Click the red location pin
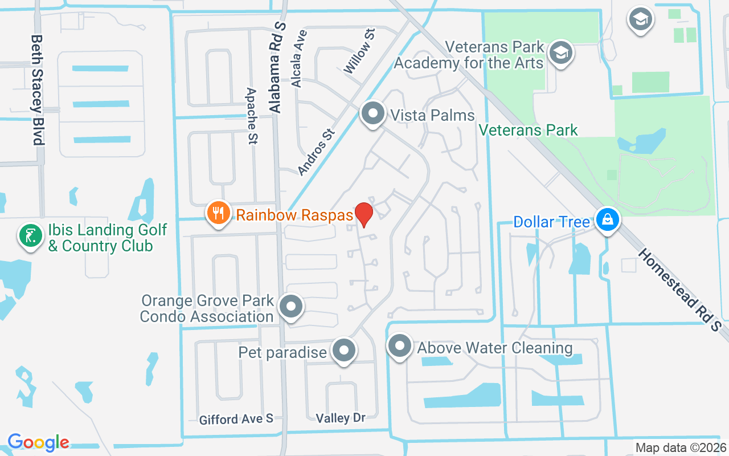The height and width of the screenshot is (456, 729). click(363, 214)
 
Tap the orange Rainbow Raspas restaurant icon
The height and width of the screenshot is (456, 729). click(217, 214)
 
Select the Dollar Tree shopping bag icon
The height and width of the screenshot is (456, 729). click(608, 220)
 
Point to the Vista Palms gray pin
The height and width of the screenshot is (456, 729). click(373, 113)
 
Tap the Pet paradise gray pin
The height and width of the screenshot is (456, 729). click(343, 351)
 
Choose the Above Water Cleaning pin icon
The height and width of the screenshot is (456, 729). click(399, 346)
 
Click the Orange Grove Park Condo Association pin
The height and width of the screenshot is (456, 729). click(292, 307)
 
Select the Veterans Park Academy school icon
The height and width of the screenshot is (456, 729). click(561, 53)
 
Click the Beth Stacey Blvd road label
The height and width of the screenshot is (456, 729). click(37, 89)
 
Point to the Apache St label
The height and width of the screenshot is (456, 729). click(252, 116)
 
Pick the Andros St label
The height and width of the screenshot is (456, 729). click(316, 151)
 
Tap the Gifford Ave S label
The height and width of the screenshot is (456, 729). click(236, 420)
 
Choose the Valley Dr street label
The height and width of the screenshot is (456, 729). click(341, 418)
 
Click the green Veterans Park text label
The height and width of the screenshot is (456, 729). click(528, 130)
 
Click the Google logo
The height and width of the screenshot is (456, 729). click(38, 442)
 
